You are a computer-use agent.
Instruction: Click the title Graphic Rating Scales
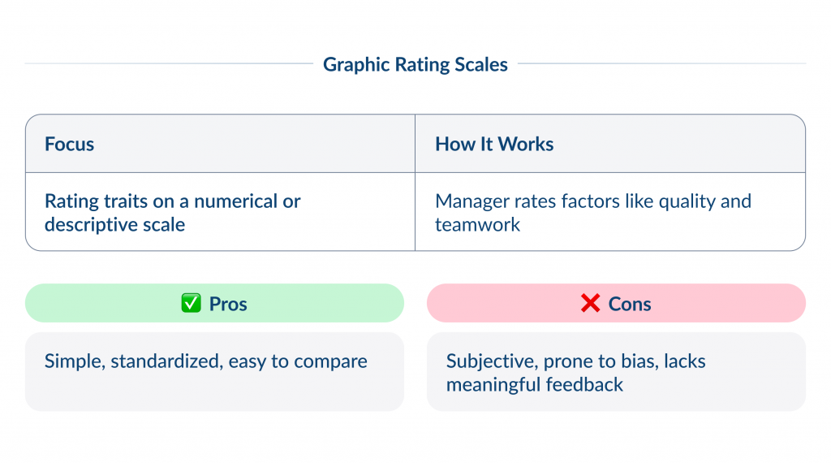[415, 64]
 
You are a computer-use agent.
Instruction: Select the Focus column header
[70, 145]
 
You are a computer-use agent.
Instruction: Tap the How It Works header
[494, 145]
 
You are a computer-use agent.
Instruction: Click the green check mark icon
[191, 304]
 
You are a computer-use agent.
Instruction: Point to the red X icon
[590, 304]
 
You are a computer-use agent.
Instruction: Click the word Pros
[228, 305]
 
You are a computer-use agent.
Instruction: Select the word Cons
[630, 305]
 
